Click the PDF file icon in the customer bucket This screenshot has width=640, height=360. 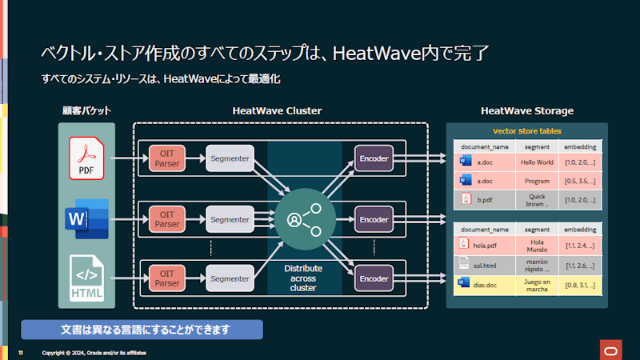(x=86, y=158)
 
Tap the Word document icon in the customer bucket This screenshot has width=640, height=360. (x=86, y=218)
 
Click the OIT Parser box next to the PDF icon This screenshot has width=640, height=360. (x=167, y=158)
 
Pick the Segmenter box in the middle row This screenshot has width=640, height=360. (x=230, y=218)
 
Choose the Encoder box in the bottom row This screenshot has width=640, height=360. (x=374, y=278)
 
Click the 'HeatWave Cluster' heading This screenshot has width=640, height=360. (x=277, y=111)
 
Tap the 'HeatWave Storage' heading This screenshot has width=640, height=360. (x=526, y=111)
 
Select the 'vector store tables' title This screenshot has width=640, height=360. (x=526, y=130)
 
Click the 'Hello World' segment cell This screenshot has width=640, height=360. (x=537, y=162)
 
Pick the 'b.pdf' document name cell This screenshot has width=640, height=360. (x=484, y=198)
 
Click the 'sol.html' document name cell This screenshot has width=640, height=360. (x=484, y=264)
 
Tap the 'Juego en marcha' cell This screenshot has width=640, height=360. (x=537, y=284)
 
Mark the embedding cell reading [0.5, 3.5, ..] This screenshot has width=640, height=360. (x=579, y=181)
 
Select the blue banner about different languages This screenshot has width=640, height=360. (x=142, y=330)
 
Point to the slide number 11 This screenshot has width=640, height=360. (x=21, y=353)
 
